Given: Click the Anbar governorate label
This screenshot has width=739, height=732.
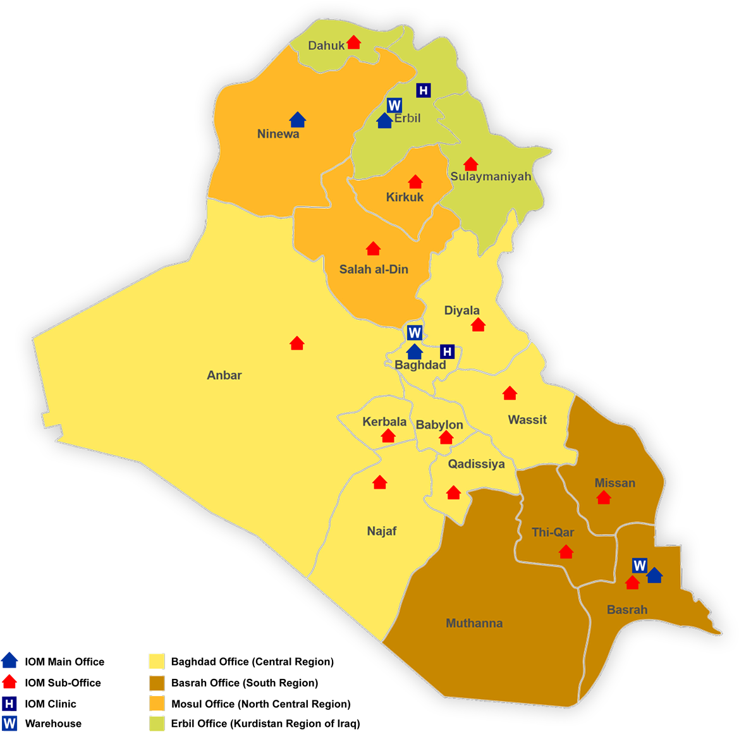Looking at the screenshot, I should tap(224, 375).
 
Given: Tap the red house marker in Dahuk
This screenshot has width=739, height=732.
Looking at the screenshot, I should tap(353, 42).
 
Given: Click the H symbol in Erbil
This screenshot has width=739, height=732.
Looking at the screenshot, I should tap(424, 90).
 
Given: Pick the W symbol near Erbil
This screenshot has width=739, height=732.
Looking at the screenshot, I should tap(394, 105).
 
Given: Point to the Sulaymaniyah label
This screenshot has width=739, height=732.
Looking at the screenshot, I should tap(491, 176).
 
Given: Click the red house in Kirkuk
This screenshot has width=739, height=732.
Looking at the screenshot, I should tap(415, 182).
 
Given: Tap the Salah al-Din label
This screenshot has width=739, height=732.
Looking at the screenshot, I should tap(374, 269).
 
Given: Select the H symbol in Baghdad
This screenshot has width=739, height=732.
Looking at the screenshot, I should tap(447, 351).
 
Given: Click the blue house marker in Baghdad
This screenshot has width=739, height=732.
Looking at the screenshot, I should tap(414, 351).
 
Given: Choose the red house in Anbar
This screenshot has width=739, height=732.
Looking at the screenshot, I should tap(296, 343).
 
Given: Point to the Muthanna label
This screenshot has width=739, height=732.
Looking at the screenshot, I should tap(474, 623).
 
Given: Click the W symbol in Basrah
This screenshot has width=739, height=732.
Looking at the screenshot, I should tap(639, 565).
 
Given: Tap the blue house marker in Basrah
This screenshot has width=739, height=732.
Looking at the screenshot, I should tap(654, 575).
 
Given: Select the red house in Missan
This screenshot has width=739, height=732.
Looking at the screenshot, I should tap(604, 497).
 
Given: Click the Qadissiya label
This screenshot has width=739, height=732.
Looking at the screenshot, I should tap(476, 464).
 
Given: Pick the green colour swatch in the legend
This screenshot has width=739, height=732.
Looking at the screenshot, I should tap(157, 723).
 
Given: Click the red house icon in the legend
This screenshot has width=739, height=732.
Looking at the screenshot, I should tap(9, 681).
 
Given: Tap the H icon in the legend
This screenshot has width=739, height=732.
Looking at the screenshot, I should tap(9, 703).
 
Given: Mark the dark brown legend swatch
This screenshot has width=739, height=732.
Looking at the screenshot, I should tap(157, 683).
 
